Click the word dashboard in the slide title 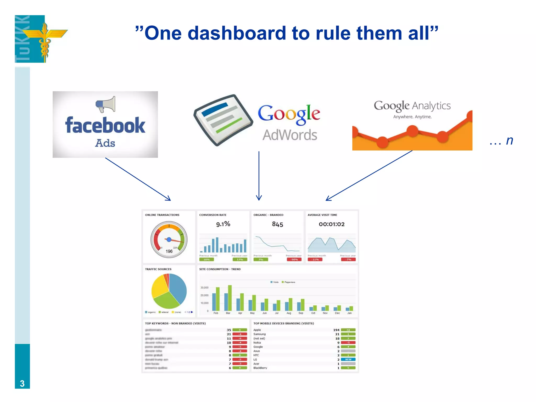(237, 33)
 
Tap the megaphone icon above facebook (105, 104)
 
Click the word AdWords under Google (290, 135)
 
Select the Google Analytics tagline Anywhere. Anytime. (412, 117)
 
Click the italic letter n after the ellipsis (509, 141)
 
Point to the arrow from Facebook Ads (138, 179)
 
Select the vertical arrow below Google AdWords (259, 175)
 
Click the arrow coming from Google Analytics (369, 176)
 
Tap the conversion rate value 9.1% (223, 224)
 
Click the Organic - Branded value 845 (277, 224)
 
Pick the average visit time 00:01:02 (332, 224)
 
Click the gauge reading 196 (169, 251)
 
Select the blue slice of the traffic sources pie (178, 288)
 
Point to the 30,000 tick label (204, 288)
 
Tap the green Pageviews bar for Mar (230, 298)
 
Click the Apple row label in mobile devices (257, 330)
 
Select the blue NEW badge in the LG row (348, 360)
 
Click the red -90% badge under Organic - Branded (294, 260)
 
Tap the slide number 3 (22, 383)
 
